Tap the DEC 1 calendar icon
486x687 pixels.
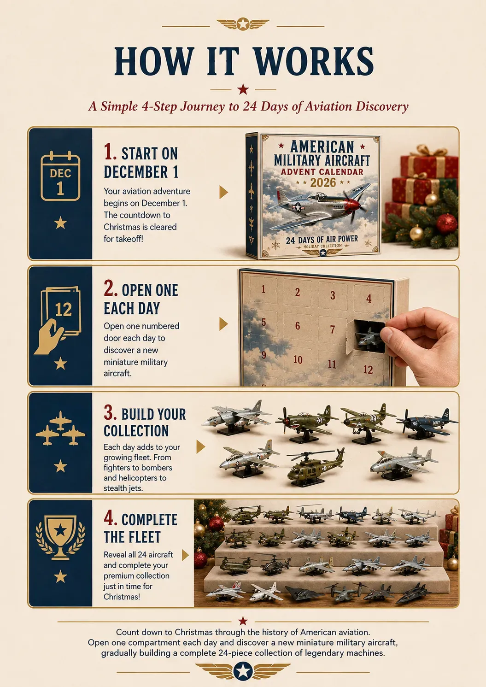pos(60,176)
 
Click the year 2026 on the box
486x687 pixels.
pos(323,183)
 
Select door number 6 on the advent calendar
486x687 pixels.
pos(298,326)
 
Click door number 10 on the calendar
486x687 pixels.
pos(298,359)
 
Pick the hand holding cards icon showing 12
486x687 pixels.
pos(58,321)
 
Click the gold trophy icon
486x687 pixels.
pos(60,537)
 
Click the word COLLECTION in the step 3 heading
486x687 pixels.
pos(136,431)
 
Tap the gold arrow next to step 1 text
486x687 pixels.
pos(223,192)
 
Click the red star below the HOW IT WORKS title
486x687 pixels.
pos(243,89)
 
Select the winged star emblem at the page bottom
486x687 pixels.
pos(243,671)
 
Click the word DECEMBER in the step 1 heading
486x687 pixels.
pos(136,172)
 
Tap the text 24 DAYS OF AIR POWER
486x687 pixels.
pos(322,240)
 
